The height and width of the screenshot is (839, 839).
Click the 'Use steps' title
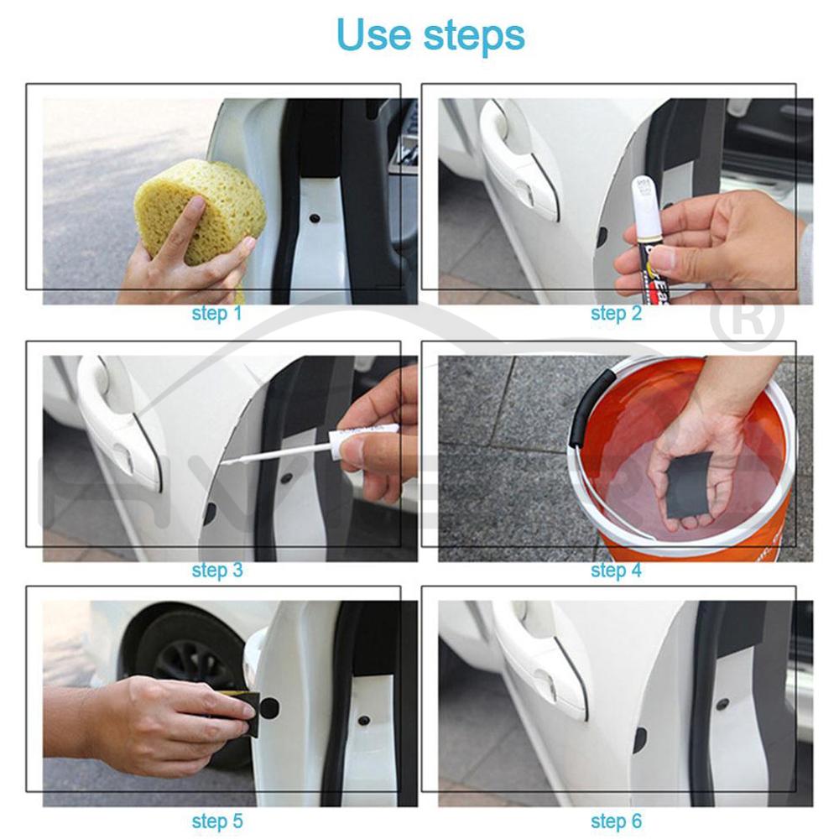pos(430,36)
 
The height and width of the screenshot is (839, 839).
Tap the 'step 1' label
pos(216,314)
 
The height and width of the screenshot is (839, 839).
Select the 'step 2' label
pos(616,314)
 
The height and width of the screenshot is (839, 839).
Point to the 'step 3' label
pos(216,571)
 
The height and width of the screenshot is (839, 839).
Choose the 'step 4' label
pos(616,571)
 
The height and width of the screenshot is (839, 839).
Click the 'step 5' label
pos(216,821)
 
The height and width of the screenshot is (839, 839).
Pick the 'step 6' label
pos(616,821)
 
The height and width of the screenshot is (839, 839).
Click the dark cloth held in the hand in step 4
pos(688,484)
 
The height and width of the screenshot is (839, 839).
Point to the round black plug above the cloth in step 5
pos(268,707)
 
